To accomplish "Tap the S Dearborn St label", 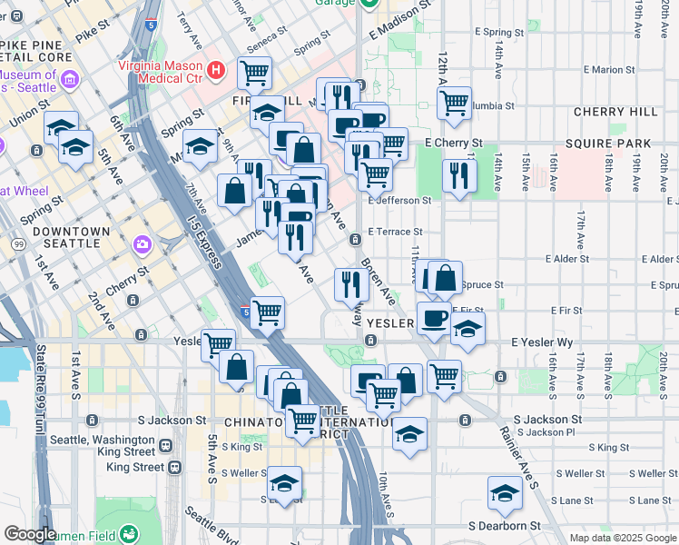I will click(x=504, y=526).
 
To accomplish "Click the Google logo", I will click(x=29, y=534).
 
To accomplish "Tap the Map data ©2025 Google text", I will click(x=624, y=538).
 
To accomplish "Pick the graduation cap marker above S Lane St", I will click(x=505, y=492).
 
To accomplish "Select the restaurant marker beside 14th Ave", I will click(x=459, y=173).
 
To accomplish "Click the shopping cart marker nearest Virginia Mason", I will click(x=255, y=72).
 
